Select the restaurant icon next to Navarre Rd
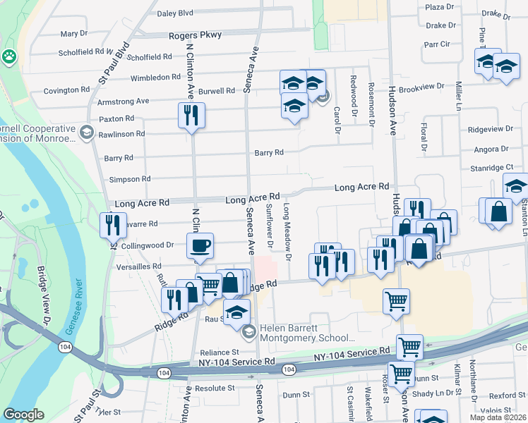[x=113, y=225]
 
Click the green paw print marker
[x=9, y=56]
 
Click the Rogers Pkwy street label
[x=195, y=35]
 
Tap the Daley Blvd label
[x=175, y=13]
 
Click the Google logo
[x=24, y=415]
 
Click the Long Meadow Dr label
[x=287, y=232]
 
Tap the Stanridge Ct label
[x=492, y=168]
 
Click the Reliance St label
[x=220, y=352]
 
